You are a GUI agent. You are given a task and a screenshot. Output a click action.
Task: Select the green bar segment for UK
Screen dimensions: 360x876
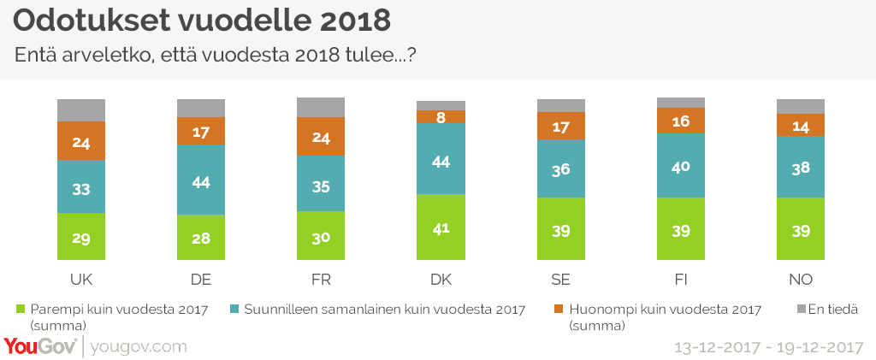coord(81,236)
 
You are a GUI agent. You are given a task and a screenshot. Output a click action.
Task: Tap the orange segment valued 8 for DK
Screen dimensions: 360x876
coord(441,116)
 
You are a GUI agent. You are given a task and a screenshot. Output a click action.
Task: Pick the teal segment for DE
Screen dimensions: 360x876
coord(201,180)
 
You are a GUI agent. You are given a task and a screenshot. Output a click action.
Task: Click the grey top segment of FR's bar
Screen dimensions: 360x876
coord(321,107)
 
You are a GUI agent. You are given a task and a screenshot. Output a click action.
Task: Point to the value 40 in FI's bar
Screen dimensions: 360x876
coord(680,166)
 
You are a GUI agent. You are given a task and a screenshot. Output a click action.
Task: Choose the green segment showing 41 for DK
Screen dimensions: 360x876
coord(441,227)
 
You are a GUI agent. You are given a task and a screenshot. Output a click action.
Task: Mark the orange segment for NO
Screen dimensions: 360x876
coord(800,125)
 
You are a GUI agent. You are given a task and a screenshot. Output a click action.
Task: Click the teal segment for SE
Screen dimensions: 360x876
coord(560,168)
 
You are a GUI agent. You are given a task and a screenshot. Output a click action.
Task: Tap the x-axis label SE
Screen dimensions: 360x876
coord(560,280)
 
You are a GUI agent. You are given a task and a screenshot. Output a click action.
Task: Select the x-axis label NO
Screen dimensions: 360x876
coord(800,280)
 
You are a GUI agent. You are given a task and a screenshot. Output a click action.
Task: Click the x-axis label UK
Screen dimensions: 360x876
coord(81,280)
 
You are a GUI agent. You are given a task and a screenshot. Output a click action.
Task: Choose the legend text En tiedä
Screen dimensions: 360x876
coord(834,309)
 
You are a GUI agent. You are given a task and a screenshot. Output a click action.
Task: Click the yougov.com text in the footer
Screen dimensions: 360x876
coord(138,347)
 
